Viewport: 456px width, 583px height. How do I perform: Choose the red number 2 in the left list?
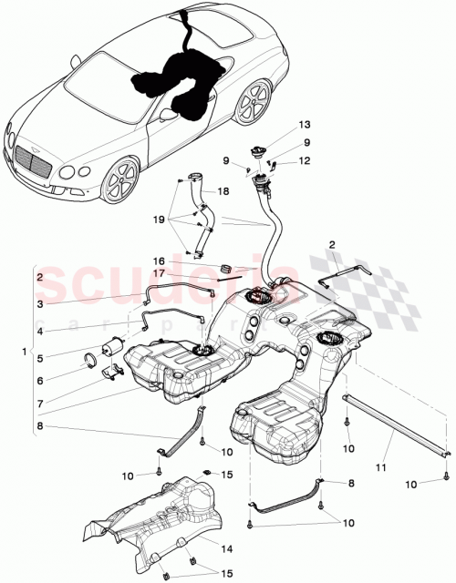(x=39, y=276)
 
